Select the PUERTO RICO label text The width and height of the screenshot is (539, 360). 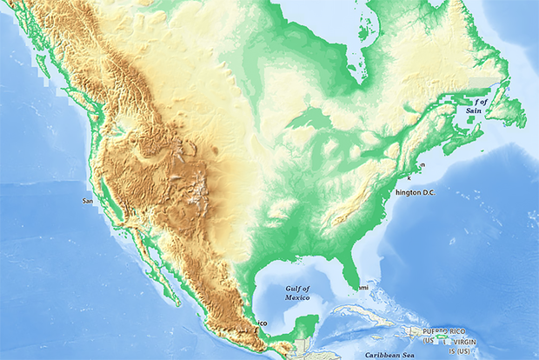coord(444,332)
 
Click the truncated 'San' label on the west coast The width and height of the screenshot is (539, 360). coord(88,201)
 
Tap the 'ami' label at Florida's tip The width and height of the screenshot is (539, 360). coord(363,287)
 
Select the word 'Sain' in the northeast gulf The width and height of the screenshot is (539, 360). coord(474,111)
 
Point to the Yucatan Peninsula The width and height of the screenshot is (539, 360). coord(304,329)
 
